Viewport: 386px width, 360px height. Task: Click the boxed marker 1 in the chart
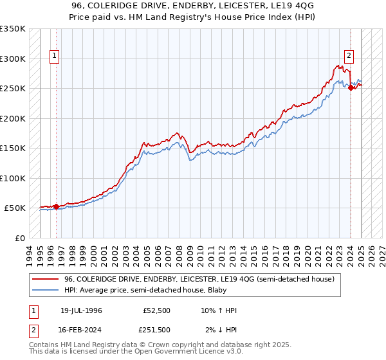(x=55, y=57)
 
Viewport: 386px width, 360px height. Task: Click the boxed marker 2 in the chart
(x=349, y=57)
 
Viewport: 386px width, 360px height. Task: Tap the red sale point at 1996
(x=56, y=206)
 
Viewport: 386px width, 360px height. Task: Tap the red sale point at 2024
(x=351, y=88)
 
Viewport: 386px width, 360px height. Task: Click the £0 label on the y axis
(x=20, y=238)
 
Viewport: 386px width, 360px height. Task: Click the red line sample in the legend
(x=45, y=280)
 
